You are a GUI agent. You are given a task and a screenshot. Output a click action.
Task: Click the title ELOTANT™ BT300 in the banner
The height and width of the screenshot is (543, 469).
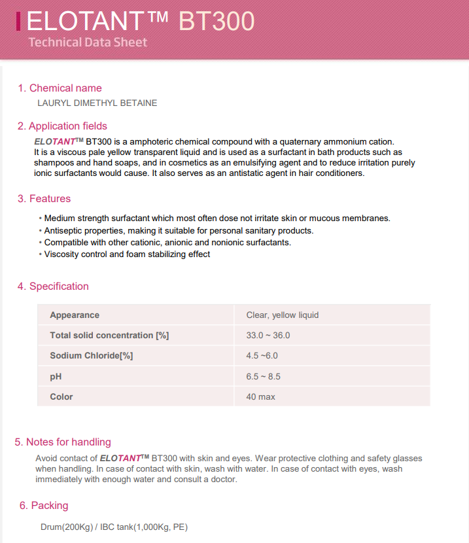pyautogui.click(x=140, y=22)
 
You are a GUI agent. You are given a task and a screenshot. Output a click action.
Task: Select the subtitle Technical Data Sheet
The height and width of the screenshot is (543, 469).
pyautogui.click(x=88, y=43)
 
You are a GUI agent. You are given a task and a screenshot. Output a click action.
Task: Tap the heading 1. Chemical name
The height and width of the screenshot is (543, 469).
pyautogui.click(x=60, y=88)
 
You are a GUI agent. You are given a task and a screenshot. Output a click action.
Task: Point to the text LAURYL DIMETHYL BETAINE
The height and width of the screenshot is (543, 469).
pyautogui.click(x=97, y=103)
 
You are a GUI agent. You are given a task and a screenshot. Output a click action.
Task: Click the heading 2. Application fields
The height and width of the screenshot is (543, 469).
pyautogui.click(x=62, y=126)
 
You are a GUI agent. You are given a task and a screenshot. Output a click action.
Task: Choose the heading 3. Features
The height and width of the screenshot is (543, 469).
pyautogui.click(x=44, y=198)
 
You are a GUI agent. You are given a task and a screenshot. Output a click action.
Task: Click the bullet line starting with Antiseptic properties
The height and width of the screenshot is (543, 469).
pyautogui.click(x=177, y=230)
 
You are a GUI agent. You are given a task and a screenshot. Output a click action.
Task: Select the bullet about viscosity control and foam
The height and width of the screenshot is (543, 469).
pyautogui.click(x=126, y=254)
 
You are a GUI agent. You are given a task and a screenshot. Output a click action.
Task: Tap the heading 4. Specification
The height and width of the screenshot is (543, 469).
pyautogui.click(x=53, y=286)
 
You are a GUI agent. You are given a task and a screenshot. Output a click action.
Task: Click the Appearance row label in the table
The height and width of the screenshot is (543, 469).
pyautogui.click(x=75, y=315)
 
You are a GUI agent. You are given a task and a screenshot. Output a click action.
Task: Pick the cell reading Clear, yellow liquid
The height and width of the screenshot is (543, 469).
pyautogui.click(x=283, y=315)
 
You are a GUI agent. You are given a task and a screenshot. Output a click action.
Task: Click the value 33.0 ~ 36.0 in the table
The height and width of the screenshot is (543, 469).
pyautogui.click(x=268, y=335)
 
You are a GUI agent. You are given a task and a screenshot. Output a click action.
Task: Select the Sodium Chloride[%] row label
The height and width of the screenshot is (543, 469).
pyautogui.click(x=92, y=356)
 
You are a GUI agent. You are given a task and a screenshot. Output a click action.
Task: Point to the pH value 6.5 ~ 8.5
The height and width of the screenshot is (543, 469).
pyautogui.click(x=264, y=376)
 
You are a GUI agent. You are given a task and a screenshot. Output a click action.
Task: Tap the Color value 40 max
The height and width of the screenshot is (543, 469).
pyautogui.click(x=260, y=396)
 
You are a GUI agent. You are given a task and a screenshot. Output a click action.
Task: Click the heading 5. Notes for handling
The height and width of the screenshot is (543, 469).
pyautogui.click(x=63, y=442)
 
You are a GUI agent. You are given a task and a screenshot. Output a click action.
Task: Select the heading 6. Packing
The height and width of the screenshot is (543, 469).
pyautogui.click(x=44, y=505)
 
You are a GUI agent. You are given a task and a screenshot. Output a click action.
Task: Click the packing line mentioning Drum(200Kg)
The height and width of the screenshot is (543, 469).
pyautogui.click(x=114, y=527)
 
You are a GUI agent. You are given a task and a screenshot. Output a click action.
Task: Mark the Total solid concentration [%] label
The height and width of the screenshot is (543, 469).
pyautogui.click(x=109, y=335)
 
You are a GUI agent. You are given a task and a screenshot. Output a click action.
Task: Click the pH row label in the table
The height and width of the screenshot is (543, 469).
pyautogui.click(x=56, y=376)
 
